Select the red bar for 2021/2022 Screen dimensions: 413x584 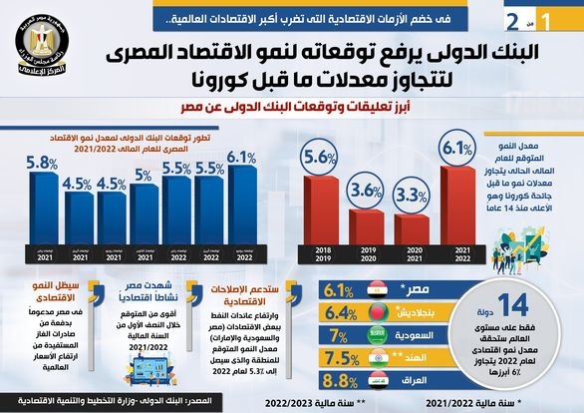pyautogui.click(x=456, y=206)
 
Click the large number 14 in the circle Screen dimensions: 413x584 pyautogui.click(x=518, y=307)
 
